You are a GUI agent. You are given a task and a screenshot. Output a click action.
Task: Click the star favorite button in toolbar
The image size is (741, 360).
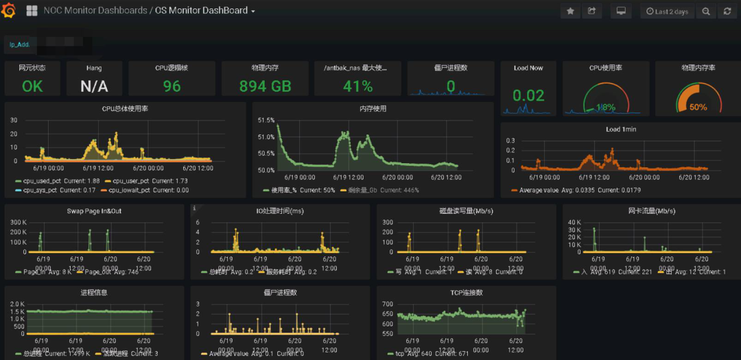tap(571, 12)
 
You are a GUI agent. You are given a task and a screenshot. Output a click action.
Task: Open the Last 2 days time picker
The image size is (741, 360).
tap(666, 12)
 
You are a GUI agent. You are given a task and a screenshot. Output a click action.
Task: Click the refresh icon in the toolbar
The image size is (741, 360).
tap(727, 12)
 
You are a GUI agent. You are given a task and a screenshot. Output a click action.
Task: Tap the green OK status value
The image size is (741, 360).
tap(32, 86)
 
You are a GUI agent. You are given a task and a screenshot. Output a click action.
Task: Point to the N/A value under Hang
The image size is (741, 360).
tap(94, 86)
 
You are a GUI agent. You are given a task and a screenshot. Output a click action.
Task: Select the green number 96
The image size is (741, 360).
tap(172, 86)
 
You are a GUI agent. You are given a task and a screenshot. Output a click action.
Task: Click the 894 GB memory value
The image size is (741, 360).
tap(265, 86)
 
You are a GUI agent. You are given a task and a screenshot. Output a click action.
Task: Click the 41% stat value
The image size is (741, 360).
tap(357, 86)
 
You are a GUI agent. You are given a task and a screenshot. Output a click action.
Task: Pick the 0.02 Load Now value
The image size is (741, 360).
tap(528, 96)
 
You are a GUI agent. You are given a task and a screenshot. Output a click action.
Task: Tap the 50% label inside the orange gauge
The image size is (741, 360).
tap(698, 108)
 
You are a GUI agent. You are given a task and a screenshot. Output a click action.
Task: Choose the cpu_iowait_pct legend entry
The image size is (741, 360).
tap(127, 190)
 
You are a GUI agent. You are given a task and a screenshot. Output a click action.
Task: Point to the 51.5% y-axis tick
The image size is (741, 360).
tap(266, 120)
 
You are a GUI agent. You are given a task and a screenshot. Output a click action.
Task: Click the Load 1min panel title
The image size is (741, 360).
tap(622, 129)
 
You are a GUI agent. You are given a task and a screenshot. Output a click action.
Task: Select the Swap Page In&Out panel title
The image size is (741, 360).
tap(94, 211)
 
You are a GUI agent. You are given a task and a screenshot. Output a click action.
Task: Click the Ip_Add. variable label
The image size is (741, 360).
tap(19, 45)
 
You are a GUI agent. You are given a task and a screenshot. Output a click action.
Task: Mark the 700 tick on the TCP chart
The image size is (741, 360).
tap(388, 304)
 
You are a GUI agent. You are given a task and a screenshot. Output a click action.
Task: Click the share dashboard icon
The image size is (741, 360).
tap(591, 12)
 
